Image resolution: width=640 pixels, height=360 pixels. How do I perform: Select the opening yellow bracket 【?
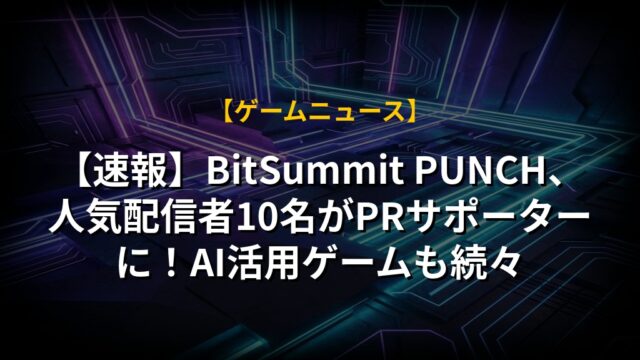pos(229,111)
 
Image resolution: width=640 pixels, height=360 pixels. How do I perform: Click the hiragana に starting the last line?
pos(134,265)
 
